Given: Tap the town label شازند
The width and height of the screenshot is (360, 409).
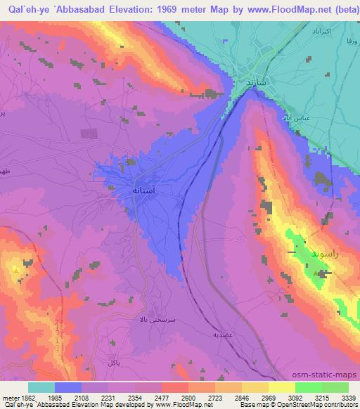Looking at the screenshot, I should click(x=257, y=82).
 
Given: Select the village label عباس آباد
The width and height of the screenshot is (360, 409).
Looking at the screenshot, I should click(x=293, y=117).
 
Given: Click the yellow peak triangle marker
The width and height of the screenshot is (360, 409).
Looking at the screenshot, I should click(x=15, y=268).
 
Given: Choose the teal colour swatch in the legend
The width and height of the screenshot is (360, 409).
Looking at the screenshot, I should click(x=41, y=387).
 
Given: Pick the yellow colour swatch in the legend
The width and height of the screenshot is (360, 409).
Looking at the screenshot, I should click(x=281, y=387).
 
